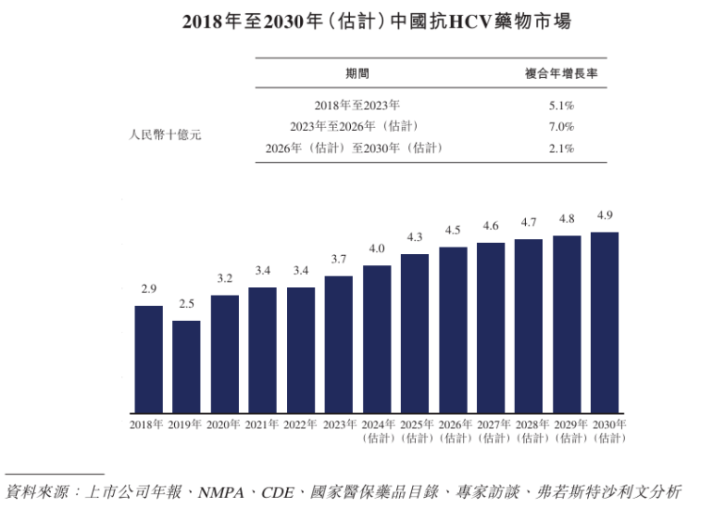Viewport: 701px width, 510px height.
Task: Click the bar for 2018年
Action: pos(149,359)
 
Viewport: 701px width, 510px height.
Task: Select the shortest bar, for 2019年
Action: pos(186,367)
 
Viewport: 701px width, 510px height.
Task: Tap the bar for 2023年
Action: pos(339,344)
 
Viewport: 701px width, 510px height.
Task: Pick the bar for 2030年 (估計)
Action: pos(604,323)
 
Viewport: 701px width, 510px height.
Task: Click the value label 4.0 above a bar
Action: pos(376,248)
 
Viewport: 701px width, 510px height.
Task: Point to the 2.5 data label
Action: pos(186,304)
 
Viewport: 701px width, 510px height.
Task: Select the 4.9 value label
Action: pos(604,215)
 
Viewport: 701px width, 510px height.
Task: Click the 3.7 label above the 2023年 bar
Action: pos(339,259)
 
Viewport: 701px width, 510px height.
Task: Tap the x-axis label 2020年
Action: pos(224,425)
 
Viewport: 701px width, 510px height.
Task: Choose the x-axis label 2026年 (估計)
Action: pos(453,431)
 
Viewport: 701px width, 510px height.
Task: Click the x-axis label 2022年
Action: pos(300,425)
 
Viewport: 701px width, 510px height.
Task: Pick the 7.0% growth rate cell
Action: pos(562,126)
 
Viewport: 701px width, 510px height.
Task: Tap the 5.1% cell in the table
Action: pos(562,105)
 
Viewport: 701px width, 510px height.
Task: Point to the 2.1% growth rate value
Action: pos(562,148)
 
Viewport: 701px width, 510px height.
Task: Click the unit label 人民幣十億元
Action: pos(165,135)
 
